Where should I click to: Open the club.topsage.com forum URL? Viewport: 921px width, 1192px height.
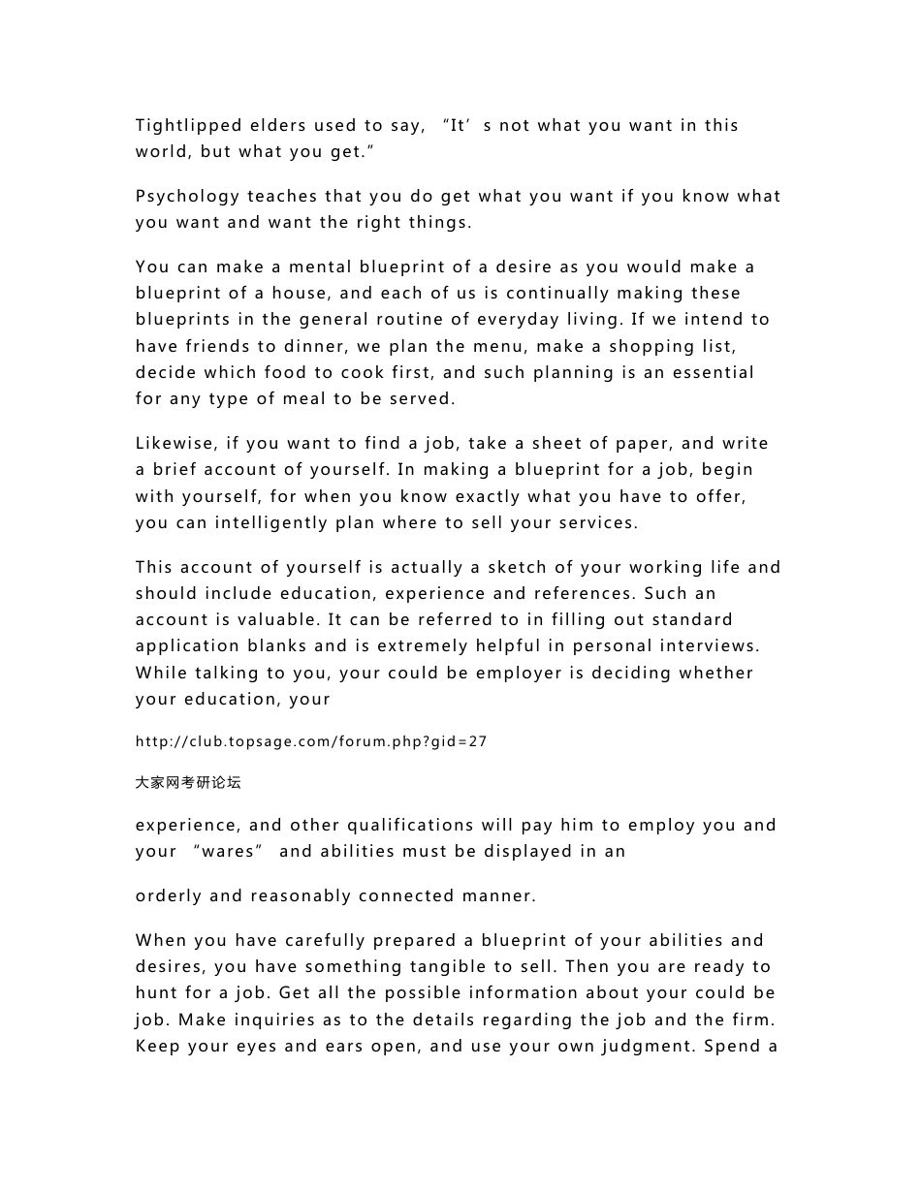pos(311,742)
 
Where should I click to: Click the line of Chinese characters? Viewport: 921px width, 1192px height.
pos(188,782)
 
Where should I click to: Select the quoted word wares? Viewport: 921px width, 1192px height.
pos(228,852)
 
